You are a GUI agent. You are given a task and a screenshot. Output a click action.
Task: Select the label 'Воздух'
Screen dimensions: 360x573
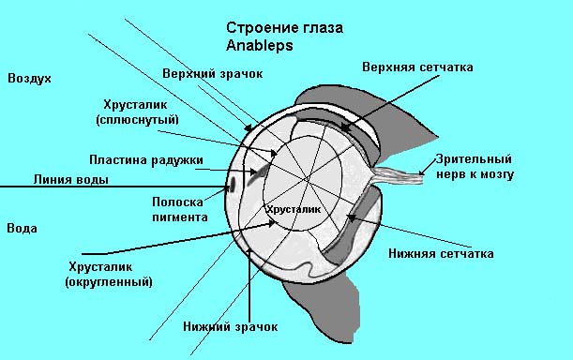point(29,78)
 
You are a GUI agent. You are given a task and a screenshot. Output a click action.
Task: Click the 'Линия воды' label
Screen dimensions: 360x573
point(70,179)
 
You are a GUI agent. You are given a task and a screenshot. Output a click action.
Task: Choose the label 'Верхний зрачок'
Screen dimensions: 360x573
point(212,72)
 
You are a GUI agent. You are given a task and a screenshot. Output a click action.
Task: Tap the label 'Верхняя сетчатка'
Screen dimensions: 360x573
point(417,67)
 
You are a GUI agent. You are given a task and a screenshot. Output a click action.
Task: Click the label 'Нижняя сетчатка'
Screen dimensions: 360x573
point(440,253)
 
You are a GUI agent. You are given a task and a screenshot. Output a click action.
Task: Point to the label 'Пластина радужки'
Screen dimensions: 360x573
point(145,159)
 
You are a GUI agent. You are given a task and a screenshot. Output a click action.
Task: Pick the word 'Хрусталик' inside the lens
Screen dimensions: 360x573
point(292,209)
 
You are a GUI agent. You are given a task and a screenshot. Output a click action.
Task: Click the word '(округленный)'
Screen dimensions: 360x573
point(109,281)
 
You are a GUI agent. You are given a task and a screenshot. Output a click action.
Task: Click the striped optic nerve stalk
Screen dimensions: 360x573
point(399,172)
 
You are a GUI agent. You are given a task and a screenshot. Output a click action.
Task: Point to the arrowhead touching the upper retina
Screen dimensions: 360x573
point(347,127)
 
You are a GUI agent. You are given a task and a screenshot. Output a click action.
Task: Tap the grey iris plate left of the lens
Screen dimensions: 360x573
point(258,170)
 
